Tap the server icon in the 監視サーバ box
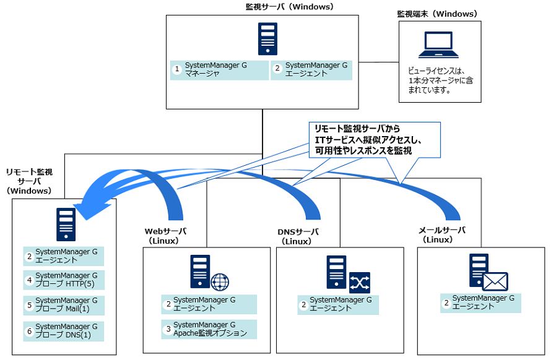click(267, 40)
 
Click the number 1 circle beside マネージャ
click(177, 69)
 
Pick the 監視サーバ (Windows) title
click(289, 7)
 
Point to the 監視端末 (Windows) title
click(437, 14)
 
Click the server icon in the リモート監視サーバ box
click(66, 224)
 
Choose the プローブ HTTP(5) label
click(69, 280)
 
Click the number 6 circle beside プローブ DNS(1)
click(29, 330)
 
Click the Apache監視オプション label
click(210, 329)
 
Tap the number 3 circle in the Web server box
click(167, 329)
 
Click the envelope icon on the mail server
click(495, 281)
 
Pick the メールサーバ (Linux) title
click(442, 234)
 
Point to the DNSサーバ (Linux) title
click(298, 236)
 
